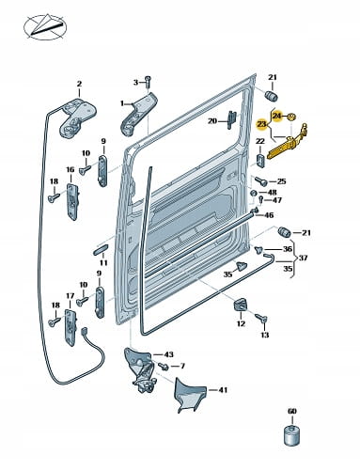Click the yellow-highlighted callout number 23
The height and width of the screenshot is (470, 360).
[261, 125]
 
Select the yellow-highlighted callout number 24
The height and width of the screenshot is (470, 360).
[277, 117]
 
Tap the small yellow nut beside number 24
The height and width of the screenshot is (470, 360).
[291, 117]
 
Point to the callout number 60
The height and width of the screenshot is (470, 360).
[292, 411]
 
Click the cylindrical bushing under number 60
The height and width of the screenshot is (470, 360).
[291, 434]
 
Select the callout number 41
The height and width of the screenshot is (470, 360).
[223, 390]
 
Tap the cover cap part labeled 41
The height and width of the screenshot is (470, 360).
[190, 395]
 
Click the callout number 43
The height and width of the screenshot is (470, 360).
[168, 354]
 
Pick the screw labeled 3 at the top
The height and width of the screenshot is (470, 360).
[149, 81]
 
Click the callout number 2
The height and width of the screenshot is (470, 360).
[79, 84]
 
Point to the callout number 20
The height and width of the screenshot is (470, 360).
[212, 120]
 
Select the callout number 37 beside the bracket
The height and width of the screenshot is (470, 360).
[303, 258]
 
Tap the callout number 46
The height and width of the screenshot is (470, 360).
[269, 215]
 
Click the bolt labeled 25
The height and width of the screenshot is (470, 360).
[261, 180]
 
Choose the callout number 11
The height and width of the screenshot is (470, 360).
[103, 263]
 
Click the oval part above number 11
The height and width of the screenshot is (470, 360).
[101, 250]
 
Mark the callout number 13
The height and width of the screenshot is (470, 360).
[265, 335]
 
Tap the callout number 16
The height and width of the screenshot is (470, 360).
[70, 169]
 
